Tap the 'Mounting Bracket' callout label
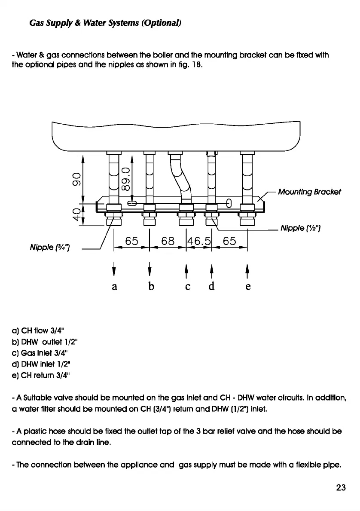coord(309,192)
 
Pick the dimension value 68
coord(167,241)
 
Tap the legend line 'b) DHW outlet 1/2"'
coord(45,342)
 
